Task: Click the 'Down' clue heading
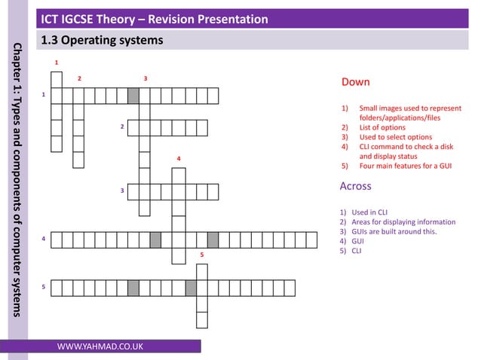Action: click(x=355, y=81)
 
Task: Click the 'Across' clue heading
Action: click(x=356, y=186)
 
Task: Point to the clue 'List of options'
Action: click(x=384, y=128)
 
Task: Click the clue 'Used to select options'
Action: click(x=395, y=137)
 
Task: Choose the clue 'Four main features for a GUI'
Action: click(x=405, y=166)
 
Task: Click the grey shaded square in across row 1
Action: click(x=133, y=96)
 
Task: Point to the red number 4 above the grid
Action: click(x=178, y=159)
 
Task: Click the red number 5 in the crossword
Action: click(x=201, y=256)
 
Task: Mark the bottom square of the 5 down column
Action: click(x=201, y=320)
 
